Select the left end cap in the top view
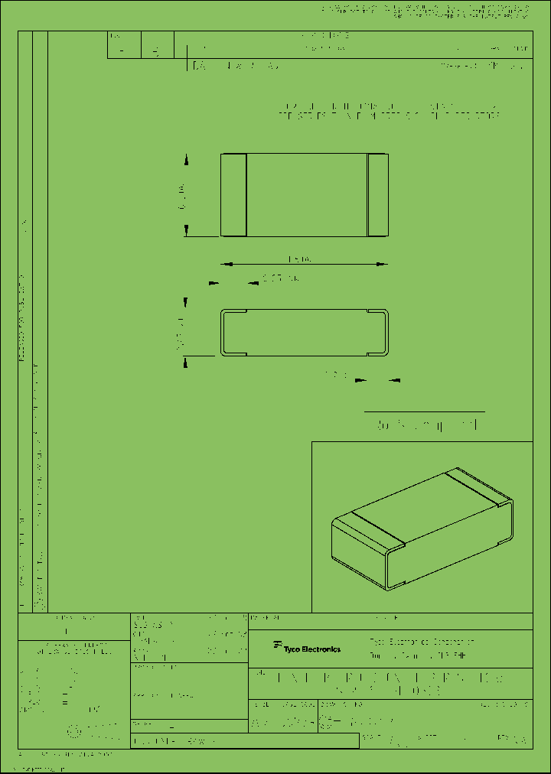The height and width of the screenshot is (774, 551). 233,194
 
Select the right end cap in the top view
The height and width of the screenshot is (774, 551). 378,194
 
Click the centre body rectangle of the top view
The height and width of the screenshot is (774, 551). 306,194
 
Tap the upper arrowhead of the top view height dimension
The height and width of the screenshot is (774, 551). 186,159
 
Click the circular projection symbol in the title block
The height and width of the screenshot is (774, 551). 73,731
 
